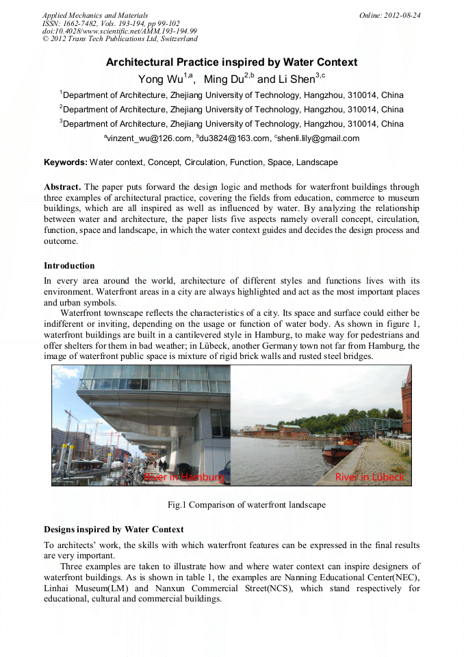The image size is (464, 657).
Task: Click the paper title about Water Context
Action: [231, 62]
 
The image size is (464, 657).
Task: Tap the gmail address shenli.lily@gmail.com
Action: [318, 138]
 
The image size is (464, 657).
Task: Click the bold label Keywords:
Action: [66, 162]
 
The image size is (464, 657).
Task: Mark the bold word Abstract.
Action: [62, 187]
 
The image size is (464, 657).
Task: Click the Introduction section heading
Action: [69, 265]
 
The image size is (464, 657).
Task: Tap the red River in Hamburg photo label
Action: [183, 477]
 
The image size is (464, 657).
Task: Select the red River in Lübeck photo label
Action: [370, 477]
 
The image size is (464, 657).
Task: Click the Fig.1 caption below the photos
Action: [246, 505]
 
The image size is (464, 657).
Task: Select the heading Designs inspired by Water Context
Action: [114, 530]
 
